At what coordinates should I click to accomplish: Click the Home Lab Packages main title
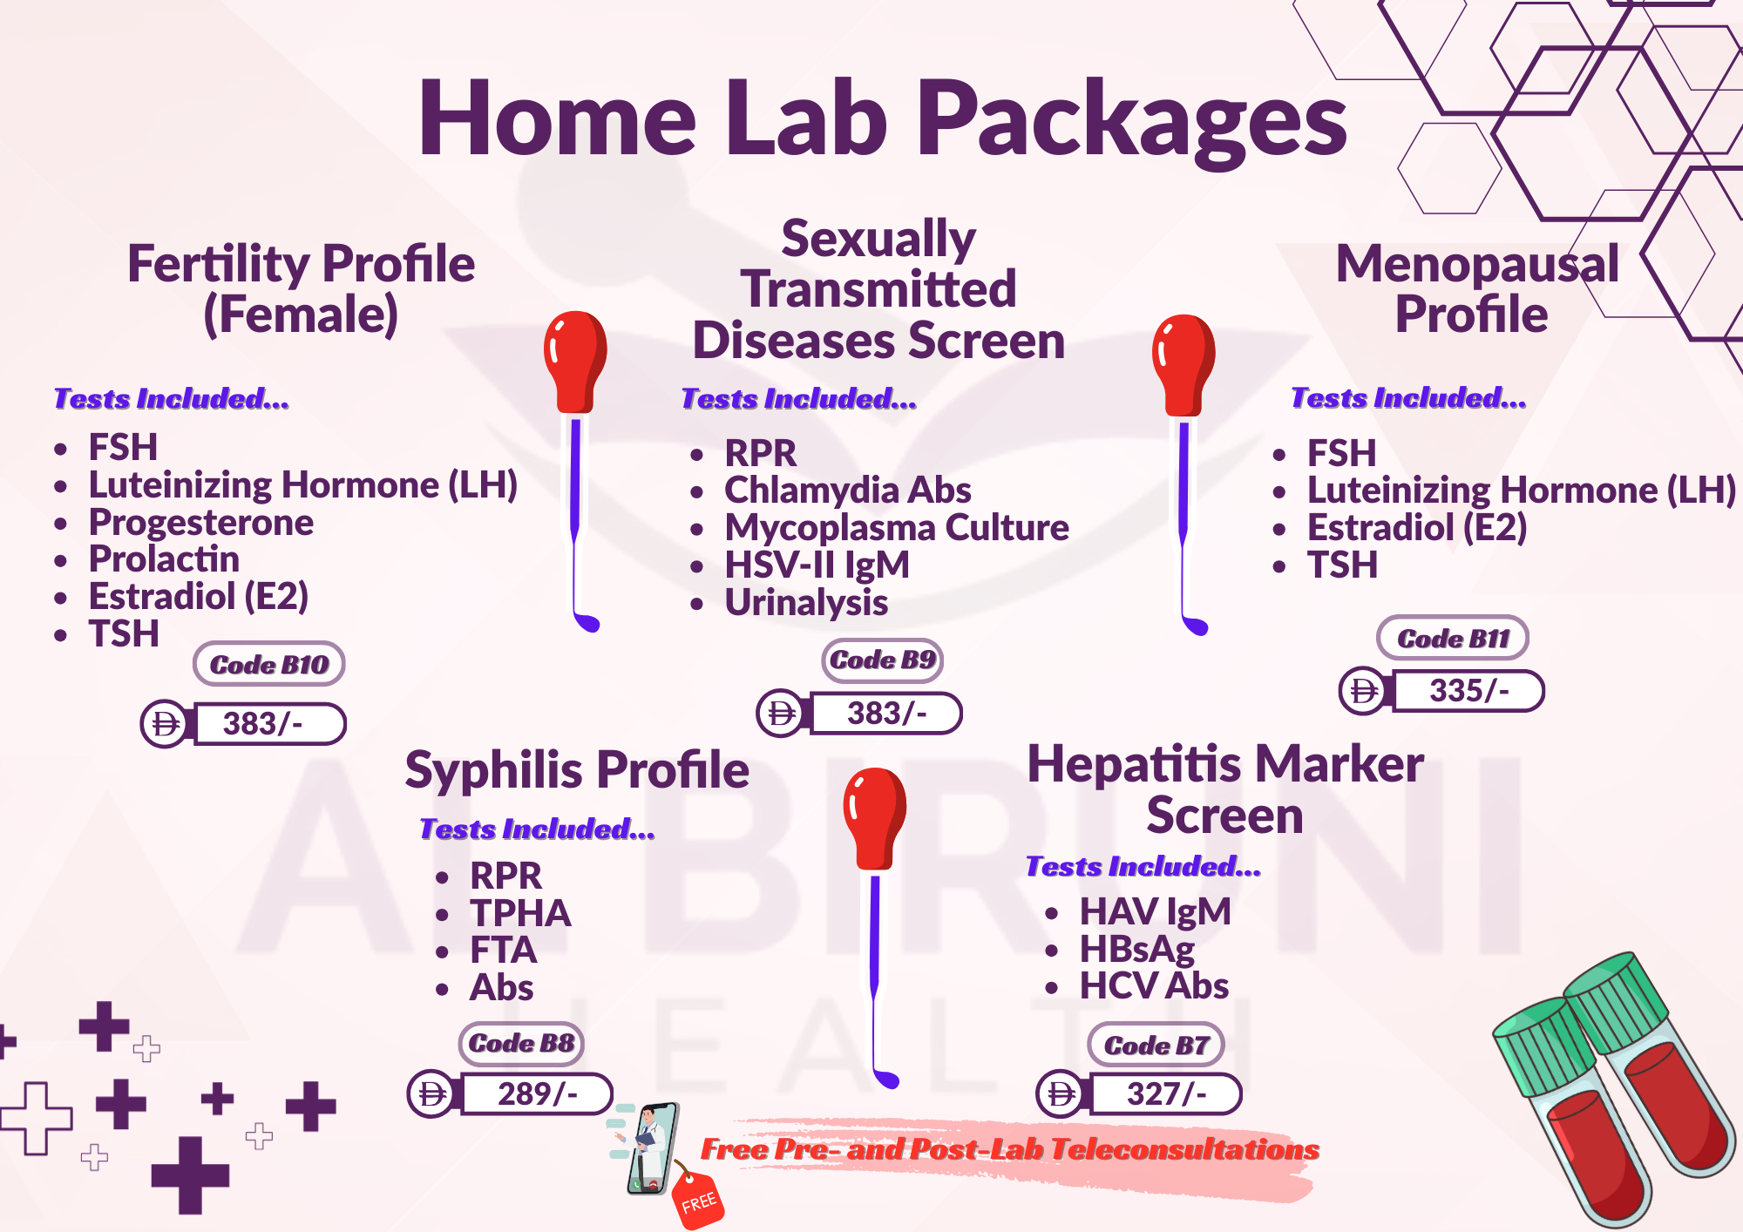(882, 119)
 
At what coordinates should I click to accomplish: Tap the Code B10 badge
(268, 664)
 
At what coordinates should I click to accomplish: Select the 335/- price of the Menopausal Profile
(1468, 691)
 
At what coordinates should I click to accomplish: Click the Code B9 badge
(882, 660)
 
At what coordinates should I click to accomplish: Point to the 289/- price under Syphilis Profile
(537, 1093)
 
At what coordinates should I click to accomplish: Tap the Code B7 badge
(1156, 1045)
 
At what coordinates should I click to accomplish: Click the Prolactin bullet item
(164, 559)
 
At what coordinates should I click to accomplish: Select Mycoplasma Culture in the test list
(897, 528)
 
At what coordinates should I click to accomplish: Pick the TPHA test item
(520, 913)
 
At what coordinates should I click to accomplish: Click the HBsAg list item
(1137, 950)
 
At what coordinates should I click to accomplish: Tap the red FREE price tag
(698, 1200)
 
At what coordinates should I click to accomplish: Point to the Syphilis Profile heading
(577, 771)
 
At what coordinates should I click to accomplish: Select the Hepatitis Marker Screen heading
(1225, 789)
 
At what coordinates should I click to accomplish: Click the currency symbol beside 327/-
(1061, 1093)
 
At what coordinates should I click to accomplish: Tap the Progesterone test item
(201, 523)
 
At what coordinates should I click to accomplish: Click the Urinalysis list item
(806, 603)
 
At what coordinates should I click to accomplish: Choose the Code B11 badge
(1453, 638)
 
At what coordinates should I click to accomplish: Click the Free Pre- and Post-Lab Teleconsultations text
(1010, 1149)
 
